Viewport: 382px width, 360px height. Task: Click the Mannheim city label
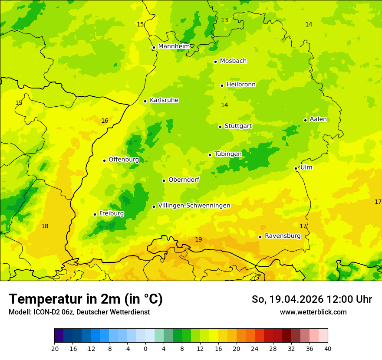coord(174,46)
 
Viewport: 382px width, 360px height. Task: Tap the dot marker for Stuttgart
coord(220,127)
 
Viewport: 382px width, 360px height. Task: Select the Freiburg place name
coord(111,213)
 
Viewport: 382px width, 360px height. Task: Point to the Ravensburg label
coord(283,236)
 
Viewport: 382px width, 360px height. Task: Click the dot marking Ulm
coord(296,168)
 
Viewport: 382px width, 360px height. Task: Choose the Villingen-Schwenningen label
coord(194,206)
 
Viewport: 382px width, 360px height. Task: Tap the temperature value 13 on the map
coord(224,20)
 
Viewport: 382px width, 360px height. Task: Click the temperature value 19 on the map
coord(198,239)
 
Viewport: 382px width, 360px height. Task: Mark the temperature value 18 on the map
coord(45,226)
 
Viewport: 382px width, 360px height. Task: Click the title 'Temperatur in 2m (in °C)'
coord(86,299)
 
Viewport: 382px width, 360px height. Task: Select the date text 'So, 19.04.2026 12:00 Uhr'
coord(312,299)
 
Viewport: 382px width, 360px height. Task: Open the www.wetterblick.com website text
coord(313,312)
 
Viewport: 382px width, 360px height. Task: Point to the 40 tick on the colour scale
coord(327,349)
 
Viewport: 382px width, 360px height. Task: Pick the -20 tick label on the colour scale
coord(54,349)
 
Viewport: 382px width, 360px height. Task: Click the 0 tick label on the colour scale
coord(145,349)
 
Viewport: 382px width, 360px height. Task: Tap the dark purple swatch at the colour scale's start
coord(59,336)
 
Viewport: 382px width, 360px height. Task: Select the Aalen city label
coord(318,119)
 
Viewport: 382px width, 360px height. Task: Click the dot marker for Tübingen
coord(210,155)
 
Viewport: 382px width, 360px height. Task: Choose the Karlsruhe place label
coord(164,100)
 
